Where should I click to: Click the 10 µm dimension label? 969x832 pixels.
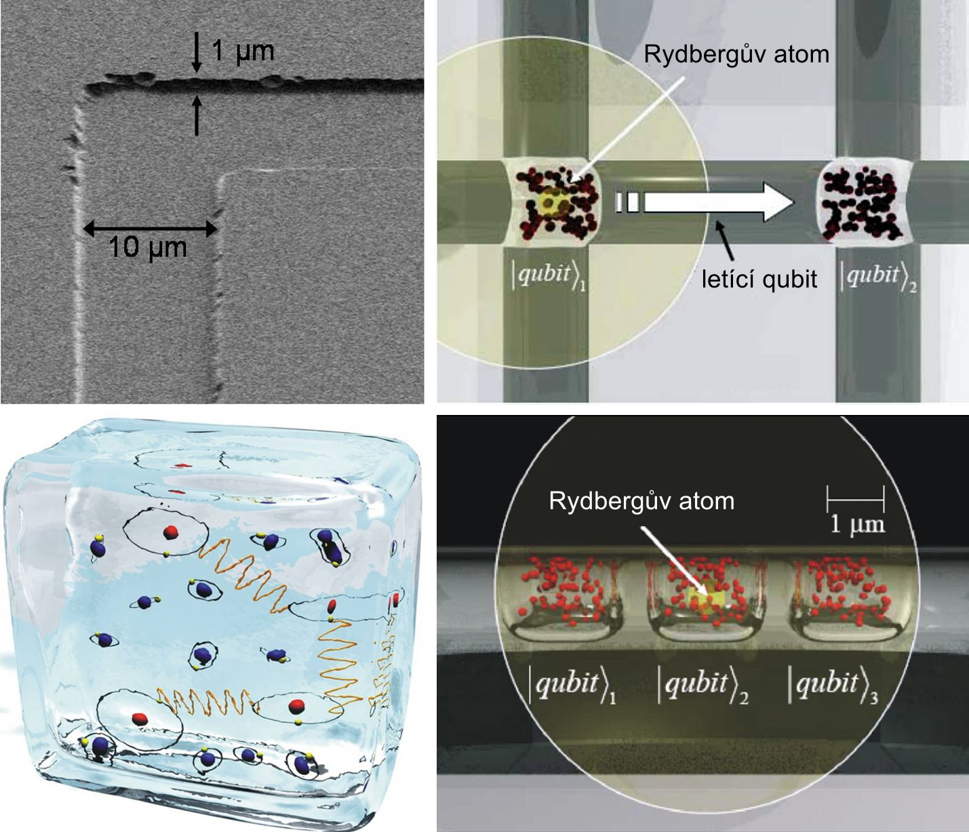pyautogui.click(x=148, y=247)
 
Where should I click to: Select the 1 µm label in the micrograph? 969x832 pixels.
pyautogui.click(x=243, y=51)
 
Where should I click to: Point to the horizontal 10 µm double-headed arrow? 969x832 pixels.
pyautogui.click(x=150, y=229)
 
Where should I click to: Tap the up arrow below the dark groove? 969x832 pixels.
pyautogui.click(x=197, y=115)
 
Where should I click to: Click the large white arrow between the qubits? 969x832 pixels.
pyautogui.click(x=704, y=202)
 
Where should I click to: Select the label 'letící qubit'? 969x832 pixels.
pyautogui.click(x=759, y=279)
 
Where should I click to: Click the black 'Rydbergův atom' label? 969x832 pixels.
pyautogui.click(x=736, y=55)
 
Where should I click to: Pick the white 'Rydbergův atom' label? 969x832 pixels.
pyautogui.click(x=641, y=501)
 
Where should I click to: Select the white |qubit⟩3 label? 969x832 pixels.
pyautogui.click(x=833, y=687)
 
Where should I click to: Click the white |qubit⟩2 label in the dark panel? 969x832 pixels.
pyautogui.click(x=703, y=687)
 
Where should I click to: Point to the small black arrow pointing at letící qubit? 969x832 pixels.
pyautogui.click(x=724, y=241)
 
